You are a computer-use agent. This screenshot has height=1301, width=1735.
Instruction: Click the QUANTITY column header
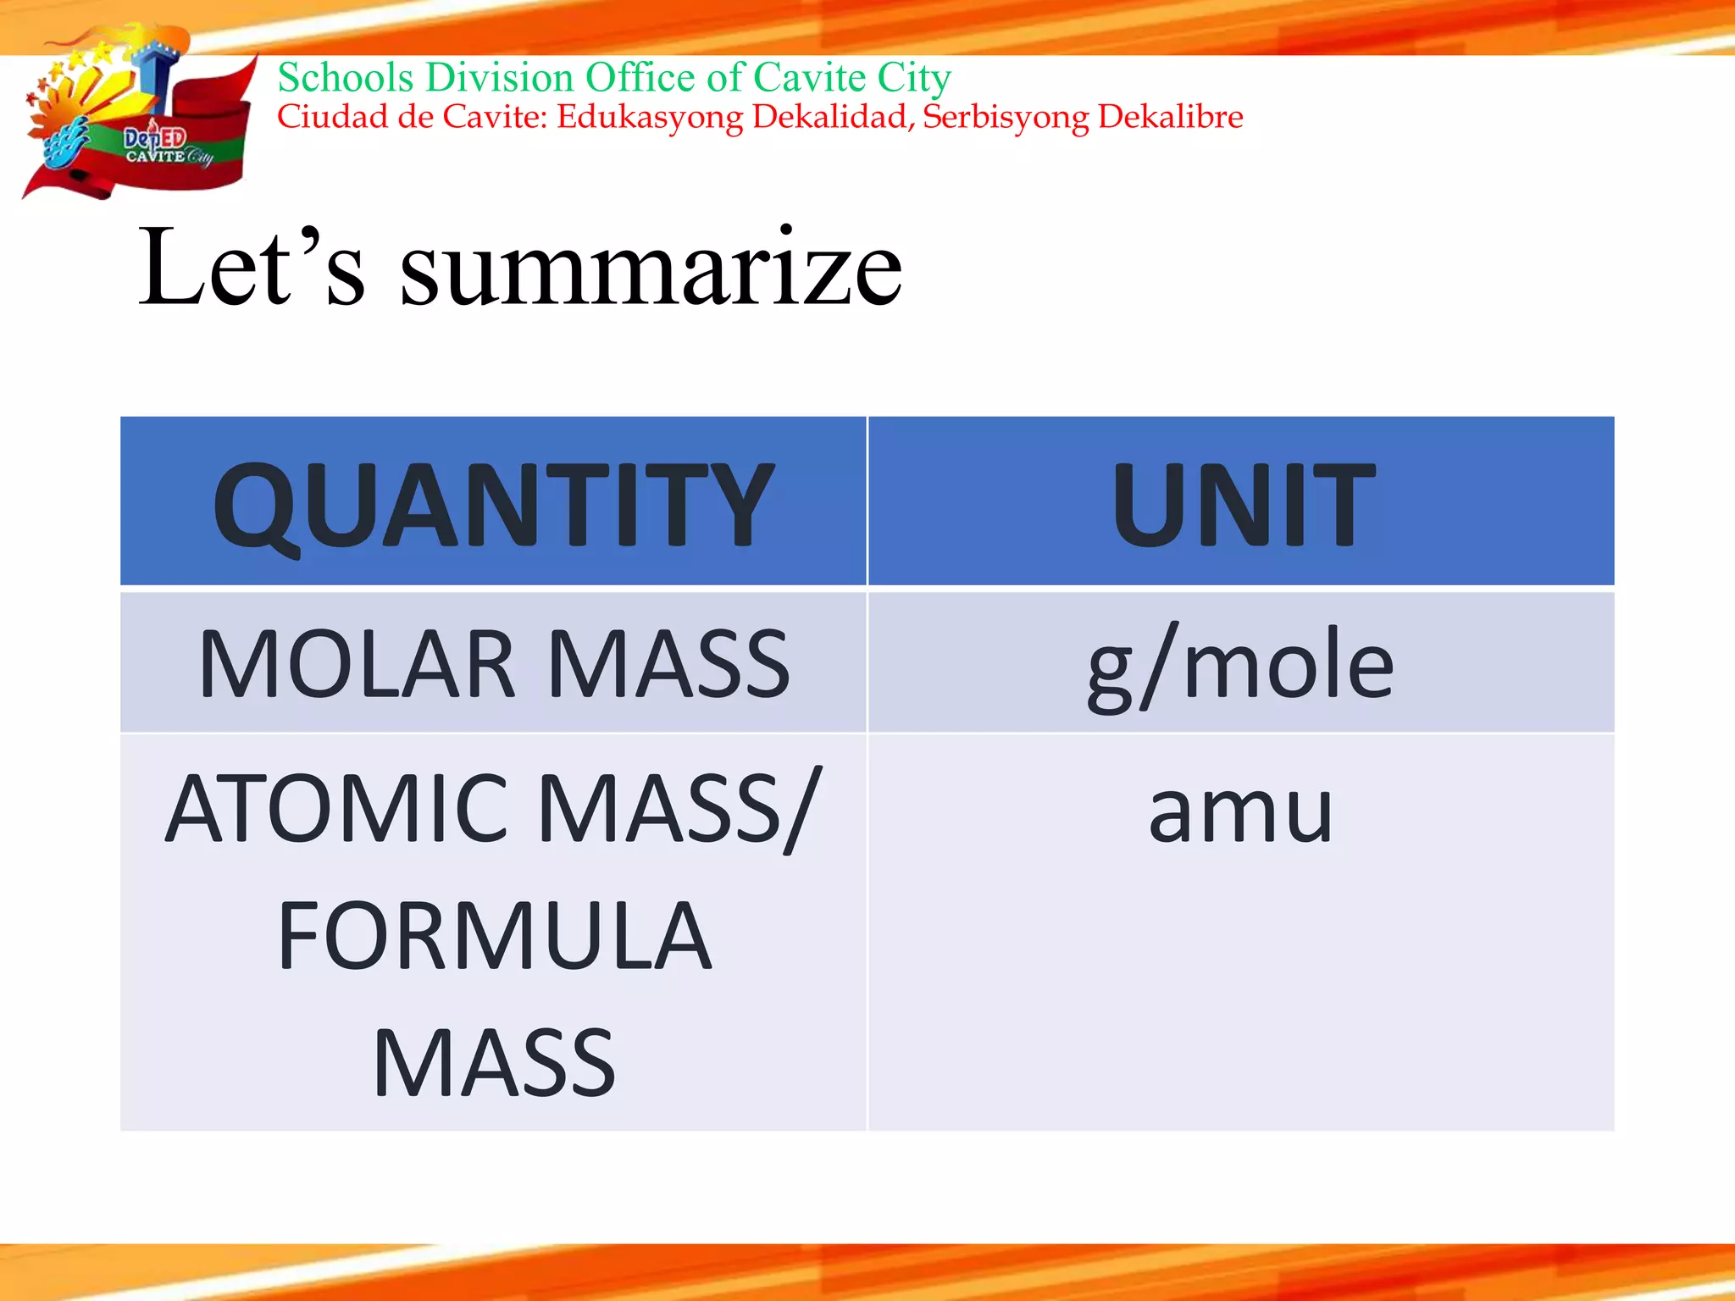[493, 505]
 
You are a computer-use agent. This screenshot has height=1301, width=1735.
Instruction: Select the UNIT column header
[1242, 505]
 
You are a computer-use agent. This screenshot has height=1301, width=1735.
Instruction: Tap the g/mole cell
[1240, 666]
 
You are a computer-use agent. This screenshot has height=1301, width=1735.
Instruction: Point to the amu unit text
[1240, 811]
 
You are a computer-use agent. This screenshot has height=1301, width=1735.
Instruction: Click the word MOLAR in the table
[357, 664]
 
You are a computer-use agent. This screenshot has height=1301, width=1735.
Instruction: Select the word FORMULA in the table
[494, 936]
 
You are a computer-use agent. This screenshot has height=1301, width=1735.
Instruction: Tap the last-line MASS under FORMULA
[494, 1063]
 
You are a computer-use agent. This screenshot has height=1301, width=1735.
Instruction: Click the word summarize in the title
[651, 268]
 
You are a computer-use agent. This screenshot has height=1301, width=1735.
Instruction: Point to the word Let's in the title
[252, 266]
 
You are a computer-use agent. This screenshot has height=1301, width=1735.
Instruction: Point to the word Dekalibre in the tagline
[1171, 117]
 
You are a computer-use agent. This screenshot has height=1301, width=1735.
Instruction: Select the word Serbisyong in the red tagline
[1005, 118]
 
